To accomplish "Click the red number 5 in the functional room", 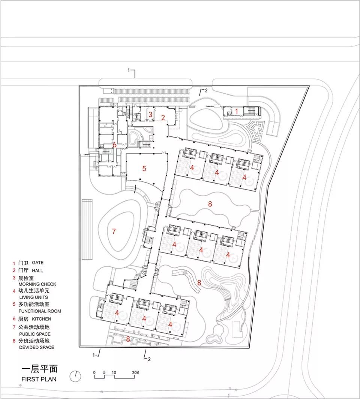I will point(144,169).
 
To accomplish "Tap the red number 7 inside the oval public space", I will point(114,232).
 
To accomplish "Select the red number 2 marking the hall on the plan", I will point(163,117).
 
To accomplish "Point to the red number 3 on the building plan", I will point(150,114).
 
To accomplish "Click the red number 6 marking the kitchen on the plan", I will point(115,145).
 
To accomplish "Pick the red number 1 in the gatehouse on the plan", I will point(236,111).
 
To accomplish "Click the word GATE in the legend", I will point(38,263).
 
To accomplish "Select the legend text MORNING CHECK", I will point(34,284).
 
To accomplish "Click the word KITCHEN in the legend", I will point(41,319).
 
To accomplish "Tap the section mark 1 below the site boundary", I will point(97,353).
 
